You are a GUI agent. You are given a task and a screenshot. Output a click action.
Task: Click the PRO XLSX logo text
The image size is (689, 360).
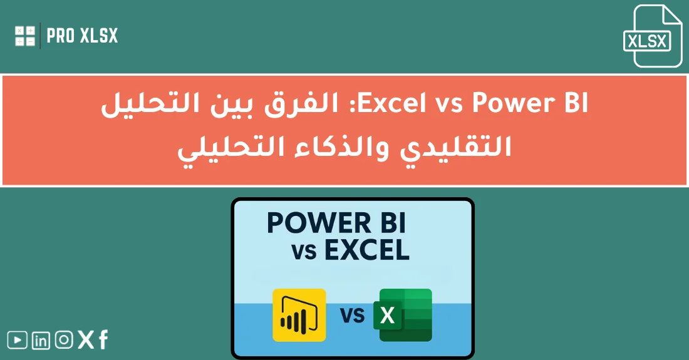pos(82,36)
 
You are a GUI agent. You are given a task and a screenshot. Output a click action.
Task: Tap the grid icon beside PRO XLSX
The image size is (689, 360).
pos(25,36)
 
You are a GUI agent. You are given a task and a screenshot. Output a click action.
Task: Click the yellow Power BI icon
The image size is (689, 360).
pos(299,315)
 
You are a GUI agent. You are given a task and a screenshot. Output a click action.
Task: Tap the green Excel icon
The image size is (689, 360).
pos(403,315)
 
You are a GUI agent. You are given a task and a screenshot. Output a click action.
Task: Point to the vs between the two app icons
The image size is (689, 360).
pos(353,314)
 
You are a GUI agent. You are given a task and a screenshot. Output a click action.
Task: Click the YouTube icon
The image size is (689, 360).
pos(17,341)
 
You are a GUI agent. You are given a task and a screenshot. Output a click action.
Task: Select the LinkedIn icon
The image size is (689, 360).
pos(41,341)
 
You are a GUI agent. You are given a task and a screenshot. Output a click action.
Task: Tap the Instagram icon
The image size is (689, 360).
pos(63,341)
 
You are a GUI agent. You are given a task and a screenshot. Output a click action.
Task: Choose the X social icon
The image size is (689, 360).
pos(85,341)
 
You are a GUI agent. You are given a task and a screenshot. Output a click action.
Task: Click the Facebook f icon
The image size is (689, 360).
pos(103,340)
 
